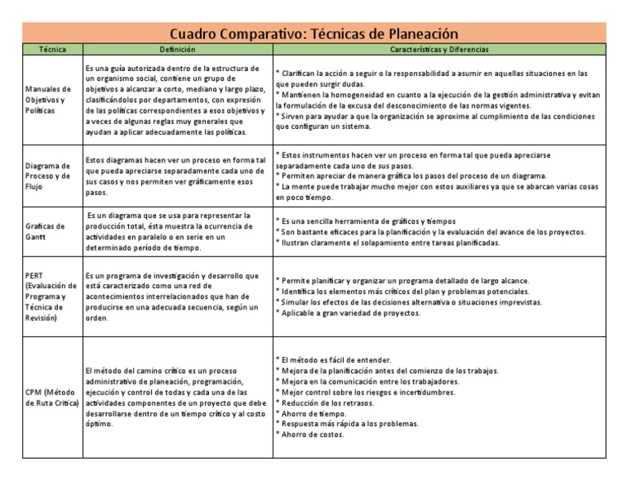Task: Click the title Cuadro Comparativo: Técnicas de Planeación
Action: (x=313, y=33)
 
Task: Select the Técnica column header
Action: (x=51, y=50)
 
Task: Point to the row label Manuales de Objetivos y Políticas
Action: (x=48, y=99)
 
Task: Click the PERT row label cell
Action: (x=51, y=296)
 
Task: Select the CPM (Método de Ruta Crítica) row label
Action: (x=51, y=398)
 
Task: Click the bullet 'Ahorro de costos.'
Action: (x=313, y=434)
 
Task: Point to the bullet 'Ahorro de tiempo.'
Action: (x=313, y=412)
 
